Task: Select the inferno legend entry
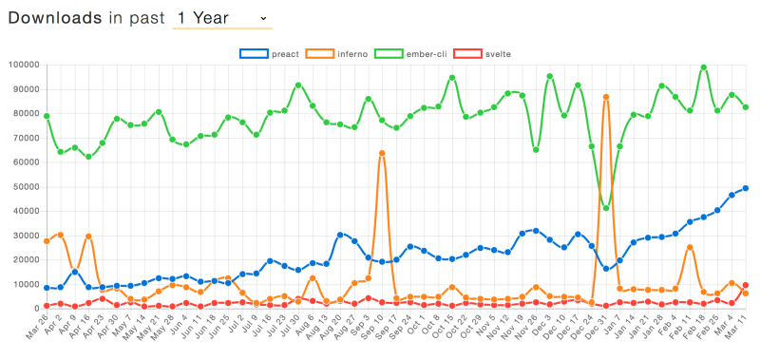pos(350,53)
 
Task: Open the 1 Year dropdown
pos(221,18)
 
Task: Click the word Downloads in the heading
pos(55,18)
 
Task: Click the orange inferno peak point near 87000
pos(606,97)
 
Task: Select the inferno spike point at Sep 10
pos(382,153)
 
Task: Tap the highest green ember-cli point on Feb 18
pos(704,67)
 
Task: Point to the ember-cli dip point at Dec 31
pos(606,208)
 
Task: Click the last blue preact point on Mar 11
pos(746,188)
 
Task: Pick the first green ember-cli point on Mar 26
pos(47,116)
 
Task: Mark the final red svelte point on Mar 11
pos(746,285)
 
